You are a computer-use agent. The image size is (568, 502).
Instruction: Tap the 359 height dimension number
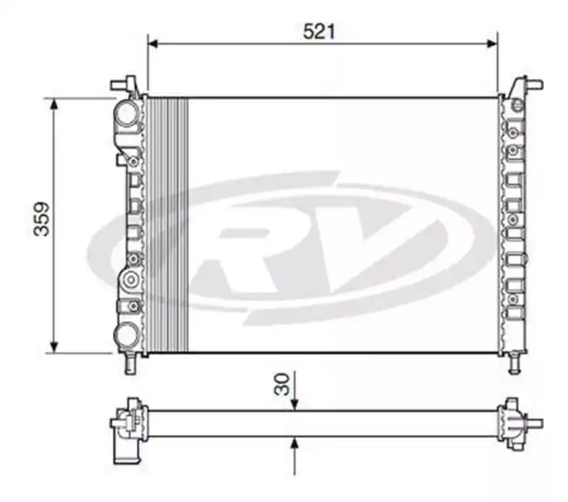click(41, 219)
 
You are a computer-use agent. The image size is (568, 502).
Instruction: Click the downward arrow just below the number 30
click(295, 402)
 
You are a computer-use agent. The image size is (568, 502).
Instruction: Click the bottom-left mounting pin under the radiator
click(129, 364)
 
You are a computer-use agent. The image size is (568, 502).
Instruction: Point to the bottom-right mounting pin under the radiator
click(515, 363)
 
